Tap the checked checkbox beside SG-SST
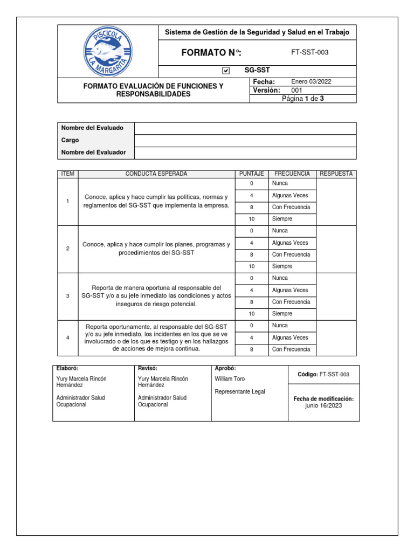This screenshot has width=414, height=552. click(226, 71)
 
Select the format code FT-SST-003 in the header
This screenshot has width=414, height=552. click(309, 52)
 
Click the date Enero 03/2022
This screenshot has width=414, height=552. click(311, 82)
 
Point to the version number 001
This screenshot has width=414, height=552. click(297, 90)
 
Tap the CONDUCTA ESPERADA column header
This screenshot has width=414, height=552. click(156, 174)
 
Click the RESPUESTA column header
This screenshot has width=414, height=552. click(336, 174)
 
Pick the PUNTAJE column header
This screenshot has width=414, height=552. click(251, 174)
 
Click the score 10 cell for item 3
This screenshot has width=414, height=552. click(251, 314)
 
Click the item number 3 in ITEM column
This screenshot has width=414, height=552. click(68, 296)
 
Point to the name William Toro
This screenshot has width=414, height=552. click(230, 379)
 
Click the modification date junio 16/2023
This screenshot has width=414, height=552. click(323, 406)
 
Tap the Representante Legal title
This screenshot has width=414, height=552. click(240, 392)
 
